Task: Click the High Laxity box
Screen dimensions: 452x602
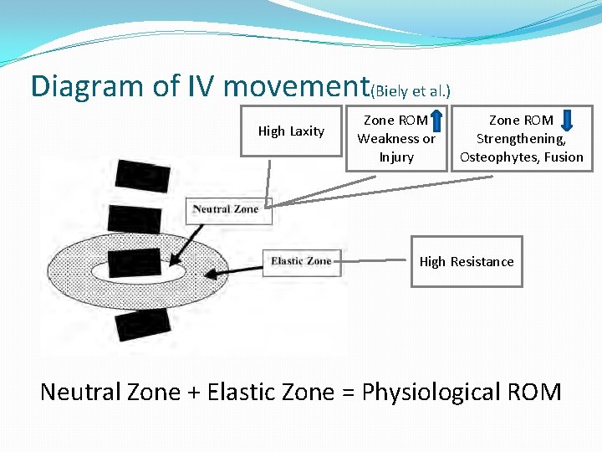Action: (291, 131)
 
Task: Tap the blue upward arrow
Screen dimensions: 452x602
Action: (436, 121)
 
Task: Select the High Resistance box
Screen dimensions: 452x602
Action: (467, 262)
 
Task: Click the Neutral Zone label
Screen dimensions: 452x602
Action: (226, 209)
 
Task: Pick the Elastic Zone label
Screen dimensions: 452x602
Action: (301, 261)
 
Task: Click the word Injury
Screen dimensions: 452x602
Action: (396, 157)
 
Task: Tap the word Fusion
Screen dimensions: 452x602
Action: (564, 157)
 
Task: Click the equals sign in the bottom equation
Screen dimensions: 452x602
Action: (346, 392)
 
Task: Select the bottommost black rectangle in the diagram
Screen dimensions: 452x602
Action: (142, 324)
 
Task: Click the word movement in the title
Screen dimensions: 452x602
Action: (297, 85)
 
